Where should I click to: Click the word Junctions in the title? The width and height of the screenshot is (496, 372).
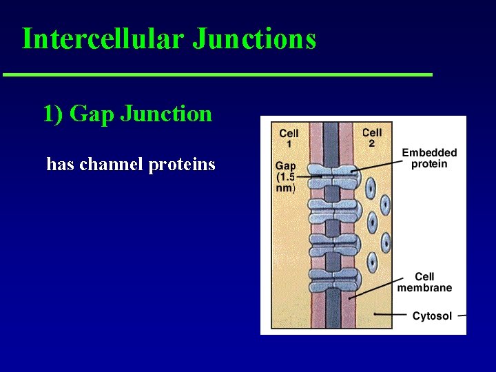[254, 39]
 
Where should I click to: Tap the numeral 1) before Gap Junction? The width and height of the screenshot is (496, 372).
[53, 113]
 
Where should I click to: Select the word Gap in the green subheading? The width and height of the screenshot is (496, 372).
[92, 114]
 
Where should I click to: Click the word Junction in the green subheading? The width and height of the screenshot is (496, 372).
[166, 113]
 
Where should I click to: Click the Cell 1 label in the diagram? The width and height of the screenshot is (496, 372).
[289, 138]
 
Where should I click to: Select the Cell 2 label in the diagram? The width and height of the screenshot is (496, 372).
[371, 137]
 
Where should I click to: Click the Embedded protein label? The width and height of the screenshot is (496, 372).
[428, 158]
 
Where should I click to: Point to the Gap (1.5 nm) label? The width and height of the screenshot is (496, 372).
[286, 176]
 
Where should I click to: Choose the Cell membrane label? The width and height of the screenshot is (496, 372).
[424, 282]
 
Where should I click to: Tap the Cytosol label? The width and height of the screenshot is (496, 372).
[432, 316]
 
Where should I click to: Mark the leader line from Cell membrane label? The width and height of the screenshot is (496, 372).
[376, 288]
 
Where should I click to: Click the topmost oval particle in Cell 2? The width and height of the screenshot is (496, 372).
[371, 185]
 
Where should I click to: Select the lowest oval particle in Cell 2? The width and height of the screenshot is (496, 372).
[373, 262]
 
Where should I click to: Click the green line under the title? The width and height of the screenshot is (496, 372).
[217, 74]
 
